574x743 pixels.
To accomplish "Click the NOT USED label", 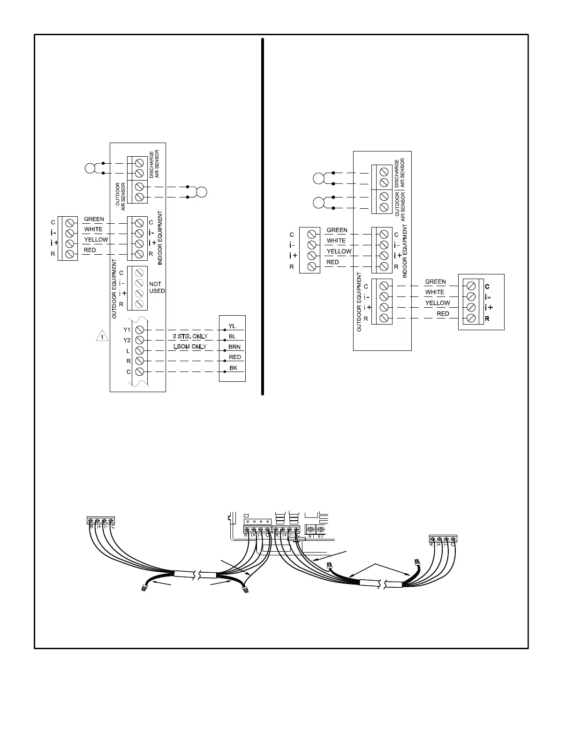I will click(x=157, y=288).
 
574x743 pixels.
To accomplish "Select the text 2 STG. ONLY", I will click(x=190, y=336).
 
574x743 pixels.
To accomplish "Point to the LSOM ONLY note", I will click(x=190, y=347).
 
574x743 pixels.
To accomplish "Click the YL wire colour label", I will click(x=233, y=326).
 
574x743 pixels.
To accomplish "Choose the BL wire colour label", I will click(x=233, y=336).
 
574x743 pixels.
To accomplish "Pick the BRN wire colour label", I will click(x=234, y=347).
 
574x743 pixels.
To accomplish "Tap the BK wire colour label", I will click(x=233, y=368).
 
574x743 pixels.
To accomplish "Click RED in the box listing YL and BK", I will click(x=235, y=357).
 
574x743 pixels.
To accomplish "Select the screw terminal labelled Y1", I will click(x=139, y=330).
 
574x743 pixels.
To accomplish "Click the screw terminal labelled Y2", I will click(x=139, y=340).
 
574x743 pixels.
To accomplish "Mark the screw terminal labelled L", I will click(x=139, y=350).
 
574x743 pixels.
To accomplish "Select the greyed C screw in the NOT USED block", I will click(x=139, y=273).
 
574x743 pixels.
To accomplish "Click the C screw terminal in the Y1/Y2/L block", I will click(x=139, y=371).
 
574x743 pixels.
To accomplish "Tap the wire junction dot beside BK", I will click(x=226, y=371).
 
